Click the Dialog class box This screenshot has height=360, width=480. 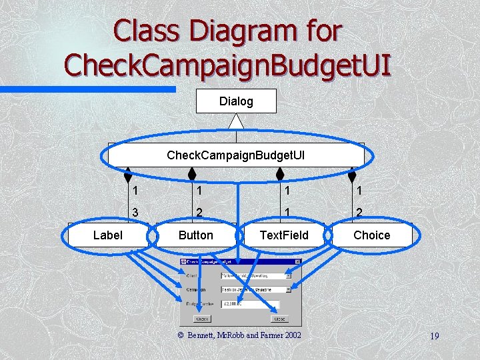pyautogui.click(x=236, y=101)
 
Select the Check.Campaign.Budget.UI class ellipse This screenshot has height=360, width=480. pyautogui.click(x=235, y=155)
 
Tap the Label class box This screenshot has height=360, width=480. pyautogui.click(x=107, y=235)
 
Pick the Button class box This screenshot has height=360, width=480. pyautogui.click(x=196, y=235)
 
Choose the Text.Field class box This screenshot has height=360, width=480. pyautogui.click(x=284, y=235)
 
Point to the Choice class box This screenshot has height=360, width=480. pyautogui.click(x=372, y=235)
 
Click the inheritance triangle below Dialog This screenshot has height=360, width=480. pyautogui.click(x=236, y=121)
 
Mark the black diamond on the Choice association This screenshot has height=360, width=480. pyautogui.click(x=352, y=175)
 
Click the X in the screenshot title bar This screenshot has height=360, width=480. pyautogui.click(x=298, y=261)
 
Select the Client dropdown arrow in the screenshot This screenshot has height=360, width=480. pyautogui.click(x=288, y=275)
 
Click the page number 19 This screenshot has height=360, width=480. pyautogui.click(x=434, y=335)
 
